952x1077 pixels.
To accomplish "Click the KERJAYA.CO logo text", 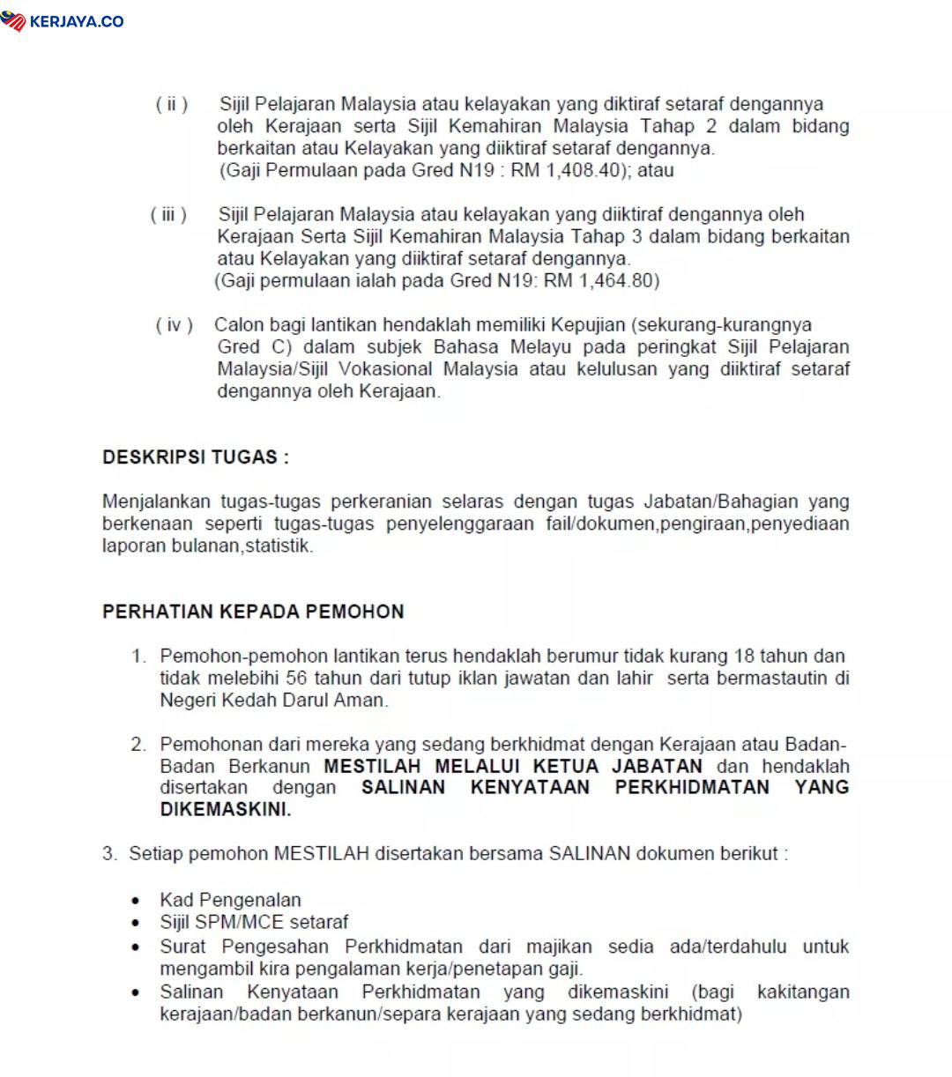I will [77, 21].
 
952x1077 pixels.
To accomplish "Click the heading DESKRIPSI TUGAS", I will [195, 457].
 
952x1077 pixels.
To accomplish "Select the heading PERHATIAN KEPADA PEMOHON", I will [253, 612].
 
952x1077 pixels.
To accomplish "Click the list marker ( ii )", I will [172, 105].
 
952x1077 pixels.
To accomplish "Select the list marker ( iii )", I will [168, 215].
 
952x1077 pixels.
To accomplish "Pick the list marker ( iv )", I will [174, 325].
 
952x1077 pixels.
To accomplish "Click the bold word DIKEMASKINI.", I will [225, 809].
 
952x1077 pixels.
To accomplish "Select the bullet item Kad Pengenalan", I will [230, 900].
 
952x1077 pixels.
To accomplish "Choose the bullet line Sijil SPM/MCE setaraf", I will [254, 922].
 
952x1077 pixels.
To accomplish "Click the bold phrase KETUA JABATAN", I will [614, 766].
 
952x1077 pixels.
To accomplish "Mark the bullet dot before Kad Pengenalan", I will [135, 901].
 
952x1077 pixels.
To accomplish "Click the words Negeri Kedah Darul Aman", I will [273, 701].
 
